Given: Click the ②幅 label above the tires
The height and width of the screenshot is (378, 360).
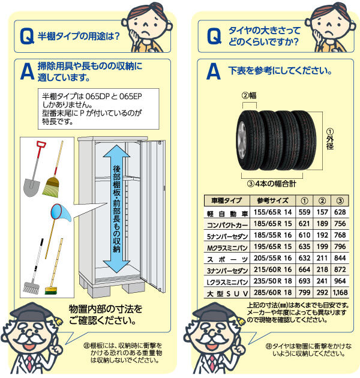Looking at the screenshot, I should tap(250, 94).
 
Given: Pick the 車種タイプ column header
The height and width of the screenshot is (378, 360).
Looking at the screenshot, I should tap(223, 201).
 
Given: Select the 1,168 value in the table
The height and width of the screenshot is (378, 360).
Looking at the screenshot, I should tap(339, 293).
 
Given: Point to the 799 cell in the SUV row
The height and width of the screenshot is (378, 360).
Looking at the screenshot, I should tap(304, 293).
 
